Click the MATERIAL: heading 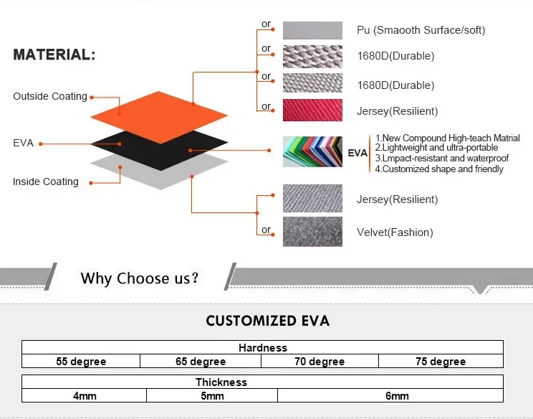coord(54,55)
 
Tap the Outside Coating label coord(50,96)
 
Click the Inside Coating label coord(46,182)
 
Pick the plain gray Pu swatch coord(312,30)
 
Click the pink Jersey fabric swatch coord(312,110)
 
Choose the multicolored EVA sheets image coord(312,152)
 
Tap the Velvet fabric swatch coord(312,232)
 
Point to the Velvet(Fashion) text coord(395,232)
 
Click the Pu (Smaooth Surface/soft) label coord(421,30)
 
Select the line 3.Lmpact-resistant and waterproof coord(441,159)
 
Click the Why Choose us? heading coord(140,278)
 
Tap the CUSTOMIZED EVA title coord(267,321)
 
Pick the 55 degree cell coord(81,361)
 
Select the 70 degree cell coord(320,361)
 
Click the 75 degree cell coord(441,361)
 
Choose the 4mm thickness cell coord(85,395)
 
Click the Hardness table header coord(262,347)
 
